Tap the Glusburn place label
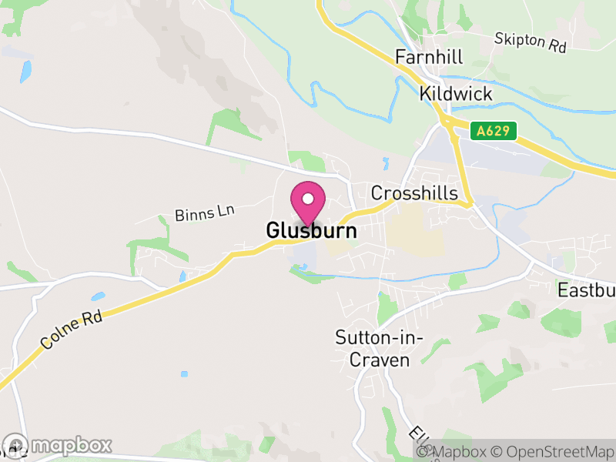click(311, 230)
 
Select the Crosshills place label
click(414, 193)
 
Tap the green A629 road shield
click(493, 131)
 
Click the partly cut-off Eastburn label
click(587, 290)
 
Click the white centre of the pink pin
click(308, 199)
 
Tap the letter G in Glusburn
click(273, 230)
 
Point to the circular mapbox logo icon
click(16, 445)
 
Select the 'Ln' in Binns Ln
click(224, 209)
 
